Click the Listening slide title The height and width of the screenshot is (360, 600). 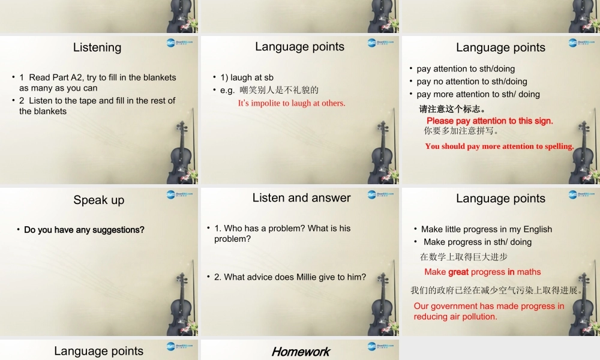(97, 47)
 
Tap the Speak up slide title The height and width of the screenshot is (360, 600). (99, 200)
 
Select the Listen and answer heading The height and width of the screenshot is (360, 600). (301, 198)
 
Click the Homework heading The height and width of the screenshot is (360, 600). (301, 352)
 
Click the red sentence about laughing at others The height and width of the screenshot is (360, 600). (292, 103)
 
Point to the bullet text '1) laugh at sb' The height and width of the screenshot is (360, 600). (247, 77)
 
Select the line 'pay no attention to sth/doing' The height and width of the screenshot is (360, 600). (472, 82)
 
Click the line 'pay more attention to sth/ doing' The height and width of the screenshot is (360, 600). (478, 94)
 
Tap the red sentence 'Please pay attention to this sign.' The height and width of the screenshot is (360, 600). (490, 121)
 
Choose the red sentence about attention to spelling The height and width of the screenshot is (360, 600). (499, 146)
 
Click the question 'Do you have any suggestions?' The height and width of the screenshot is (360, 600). (84, 230)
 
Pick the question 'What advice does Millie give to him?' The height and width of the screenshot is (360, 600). (290, 277)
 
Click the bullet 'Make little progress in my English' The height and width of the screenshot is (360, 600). (486, 229)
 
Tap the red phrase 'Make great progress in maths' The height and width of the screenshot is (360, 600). (482, 272)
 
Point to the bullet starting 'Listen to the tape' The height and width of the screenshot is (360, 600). (97, 106)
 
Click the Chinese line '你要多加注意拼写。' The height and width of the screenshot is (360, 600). (462, 131)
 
